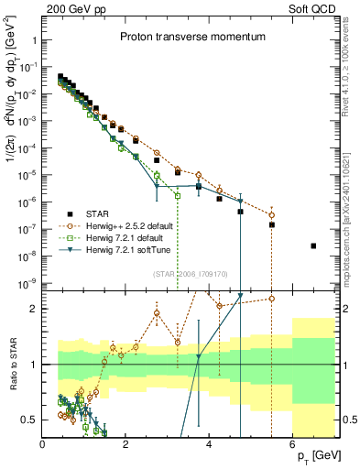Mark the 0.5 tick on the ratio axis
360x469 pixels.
[x=29, y=420]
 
